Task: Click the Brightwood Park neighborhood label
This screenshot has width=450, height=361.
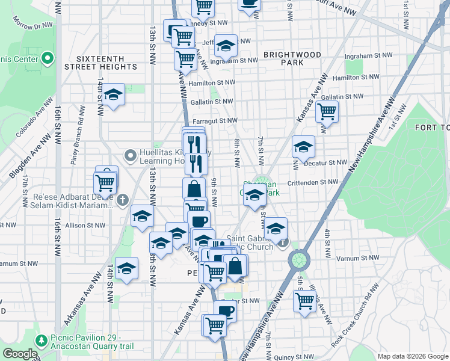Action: tap(292, 58)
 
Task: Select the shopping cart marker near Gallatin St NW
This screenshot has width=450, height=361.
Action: tap(327, 111)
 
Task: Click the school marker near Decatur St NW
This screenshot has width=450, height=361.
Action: tap(304, 146)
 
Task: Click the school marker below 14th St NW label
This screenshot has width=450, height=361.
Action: tap(112, 94)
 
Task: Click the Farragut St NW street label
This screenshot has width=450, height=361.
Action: tap(214, 120)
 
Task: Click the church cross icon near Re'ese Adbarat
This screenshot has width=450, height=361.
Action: tap(122, 200)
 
